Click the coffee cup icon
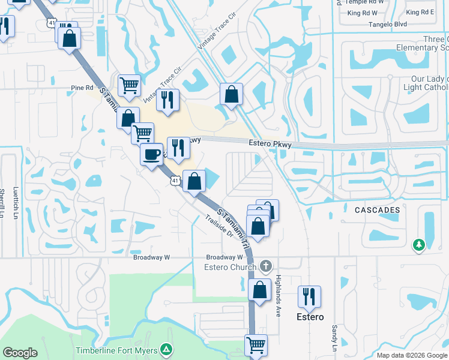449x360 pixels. click(x=151, y=154)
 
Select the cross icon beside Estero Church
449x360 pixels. click(x=266, y=265)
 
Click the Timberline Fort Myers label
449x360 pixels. click(x=116, y=350)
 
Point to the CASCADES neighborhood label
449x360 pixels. click(x=377, y=210)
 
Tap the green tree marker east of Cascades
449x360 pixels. click(x=419, y=245)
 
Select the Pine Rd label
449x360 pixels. click(x=78, y=88)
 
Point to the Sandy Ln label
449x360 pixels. click(x=334, y=338)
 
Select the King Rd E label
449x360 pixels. click(x=420, y=12)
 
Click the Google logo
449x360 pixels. click(x=20, y=353)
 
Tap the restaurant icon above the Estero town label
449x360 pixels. click(x=309, y=296)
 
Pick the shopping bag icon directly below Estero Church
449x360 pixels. click(x=259, y=290)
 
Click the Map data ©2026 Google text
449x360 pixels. click(x=411, y=355)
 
